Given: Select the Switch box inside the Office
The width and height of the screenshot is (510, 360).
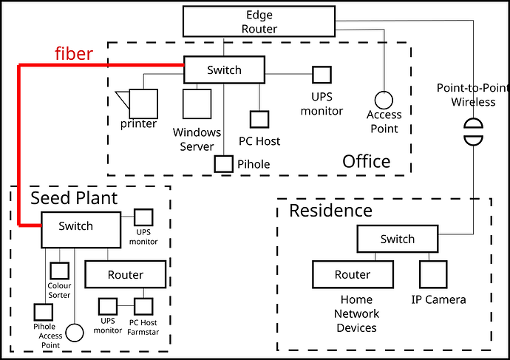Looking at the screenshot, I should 223,70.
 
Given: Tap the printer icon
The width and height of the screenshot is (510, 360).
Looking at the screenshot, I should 142,100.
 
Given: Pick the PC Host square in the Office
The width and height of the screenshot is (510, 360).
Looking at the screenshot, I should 259,120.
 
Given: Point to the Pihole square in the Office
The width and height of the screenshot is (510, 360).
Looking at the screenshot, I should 224,164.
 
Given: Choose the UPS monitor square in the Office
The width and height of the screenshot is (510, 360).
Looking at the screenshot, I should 321,75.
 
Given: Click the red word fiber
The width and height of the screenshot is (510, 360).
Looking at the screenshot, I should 74,54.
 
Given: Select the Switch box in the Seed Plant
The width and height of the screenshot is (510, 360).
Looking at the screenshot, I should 79,229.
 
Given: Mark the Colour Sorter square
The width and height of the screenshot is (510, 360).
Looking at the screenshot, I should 59,271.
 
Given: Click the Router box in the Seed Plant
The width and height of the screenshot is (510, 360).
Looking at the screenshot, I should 125,274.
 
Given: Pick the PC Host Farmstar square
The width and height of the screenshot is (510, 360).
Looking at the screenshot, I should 143,305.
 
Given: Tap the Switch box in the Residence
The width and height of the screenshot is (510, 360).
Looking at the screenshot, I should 397,240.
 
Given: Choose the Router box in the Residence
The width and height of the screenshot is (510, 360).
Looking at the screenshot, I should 352,274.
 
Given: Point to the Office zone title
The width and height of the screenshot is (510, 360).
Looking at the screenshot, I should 366,161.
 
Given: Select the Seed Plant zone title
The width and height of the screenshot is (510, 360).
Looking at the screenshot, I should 73,197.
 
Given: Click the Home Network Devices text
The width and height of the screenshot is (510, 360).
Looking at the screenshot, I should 357,313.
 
